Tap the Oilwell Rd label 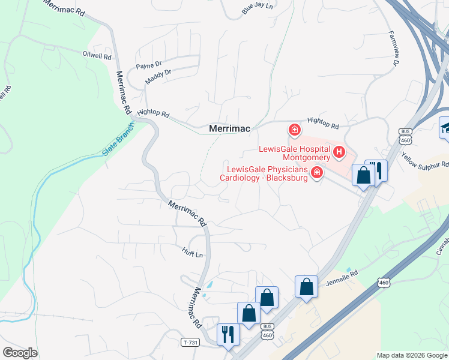[97, 55]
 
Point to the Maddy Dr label [158, 77]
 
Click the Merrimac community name [229, 128]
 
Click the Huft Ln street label [193, 254]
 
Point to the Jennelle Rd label [342, 277]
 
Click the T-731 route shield [190, 342]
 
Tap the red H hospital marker [339, 152]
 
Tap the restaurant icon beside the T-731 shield [228, 334]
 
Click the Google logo [20, 353]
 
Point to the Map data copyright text [412, 355]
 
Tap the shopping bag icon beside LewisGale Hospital [363, 175]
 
